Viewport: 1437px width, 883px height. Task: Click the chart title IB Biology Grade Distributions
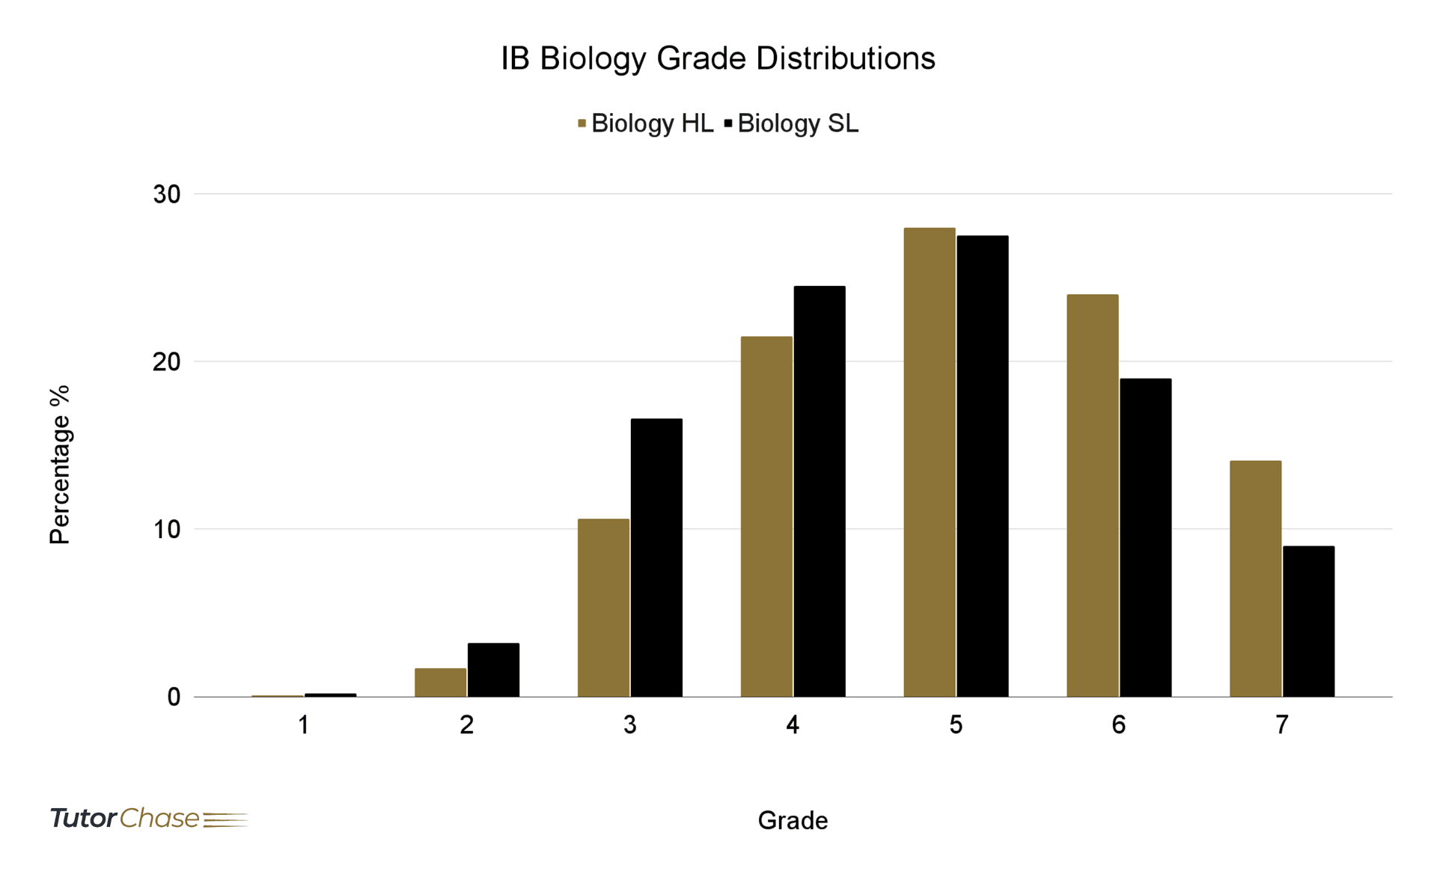click(x=718, y=58)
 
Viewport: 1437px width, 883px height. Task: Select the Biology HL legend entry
click(x=645, y=123)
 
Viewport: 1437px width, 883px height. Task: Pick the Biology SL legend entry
click(x=792, y=123)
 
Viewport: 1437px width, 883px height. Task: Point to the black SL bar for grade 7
click(x=1308, y=621)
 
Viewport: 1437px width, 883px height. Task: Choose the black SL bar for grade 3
click(x=656, y=557)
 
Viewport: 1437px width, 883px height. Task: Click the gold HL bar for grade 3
click(x=603, y=608)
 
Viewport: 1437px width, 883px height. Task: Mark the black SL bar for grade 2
click(x=493, y=670)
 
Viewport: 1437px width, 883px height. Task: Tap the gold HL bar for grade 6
click(x=1092, y=495)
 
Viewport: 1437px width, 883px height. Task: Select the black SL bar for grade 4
click(x=820, y=491)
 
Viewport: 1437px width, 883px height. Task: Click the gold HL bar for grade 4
click(x=766, y=516)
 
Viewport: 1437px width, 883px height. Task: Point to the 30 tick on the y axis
click(x=167, y=195)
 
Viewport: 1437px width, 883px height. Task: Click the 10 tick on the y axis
click(x=167, y=529)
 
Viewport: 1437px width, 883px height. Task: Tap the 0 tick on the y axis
click(x=174, y=697)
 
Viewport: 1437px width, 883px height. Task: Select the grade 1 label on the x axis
click(x=303, y=724)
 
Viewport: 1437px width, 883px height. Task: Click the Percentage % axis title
click(x=60, y=464)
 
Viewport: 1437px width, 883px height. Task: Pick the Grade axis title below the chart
click(x=793, y=820)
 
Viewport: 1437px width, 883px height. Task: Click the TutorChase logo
click(x=148, y=818)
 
